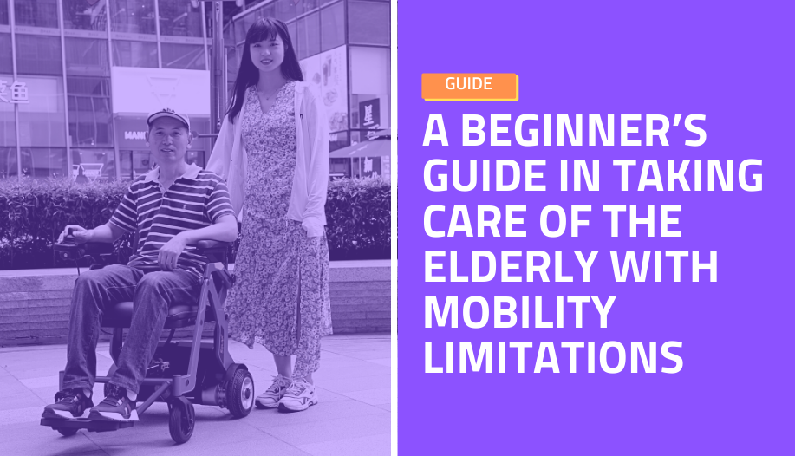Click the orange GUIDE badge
tap(470, 86)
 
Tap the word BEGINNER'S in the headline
tap(583, 131)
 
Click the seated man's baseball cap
tap(168, 117)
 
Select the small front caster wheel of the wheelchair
tap(181, 420)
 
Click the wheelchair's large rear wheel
tap(239, 390)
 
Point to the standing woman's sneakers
tap(286, 393)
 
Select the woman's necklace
tap(270, 94)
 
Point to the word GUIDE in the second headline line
tap(484, 175)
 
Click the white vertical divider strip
tap(394, 228)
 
